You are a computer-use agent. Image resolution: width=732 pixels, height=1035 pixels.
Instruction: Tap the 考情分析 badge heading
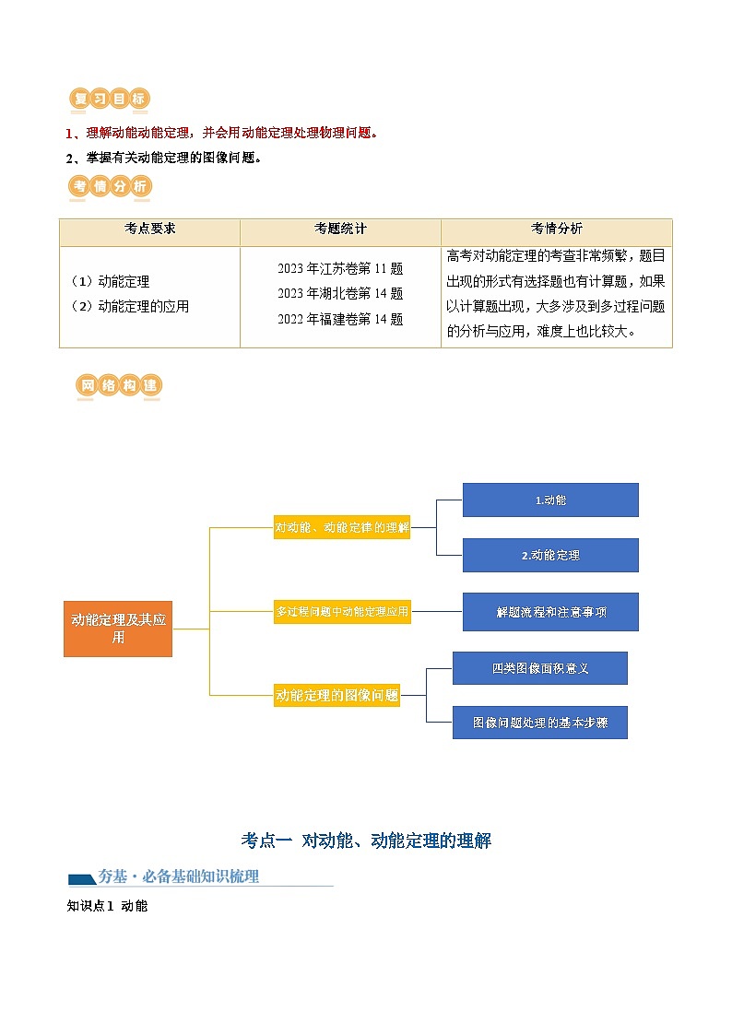tap(110, 187)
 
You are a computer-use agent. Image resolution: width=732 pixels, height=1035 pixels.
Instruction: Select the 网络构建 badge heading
tap(119, 386)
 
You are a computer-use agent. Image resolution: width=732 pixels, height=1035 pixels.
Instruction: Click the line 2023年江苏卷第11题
tap(340, 269)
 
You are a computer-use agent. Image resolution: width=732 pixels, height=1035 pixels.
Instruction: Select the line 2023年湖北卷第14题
tap(340, 294)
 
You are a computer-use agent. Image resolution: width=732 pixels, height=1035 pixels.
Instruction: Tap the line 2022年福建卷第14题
tap(340, 320)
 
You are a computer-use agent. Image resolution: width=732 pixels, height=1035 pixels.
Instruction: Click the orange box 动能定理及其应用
tap(118, 629)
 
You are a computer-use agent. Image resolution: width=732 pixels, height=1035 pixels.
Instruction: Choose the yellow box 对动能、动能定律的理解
tap(342, 528)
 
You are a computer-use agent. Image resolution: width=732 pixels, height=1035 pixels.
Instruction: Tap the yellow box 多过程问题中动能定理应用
tap(342, 610)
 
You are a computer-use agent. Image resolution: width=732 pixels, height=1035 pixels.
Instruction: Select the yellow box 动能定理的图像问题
tap(337, 696)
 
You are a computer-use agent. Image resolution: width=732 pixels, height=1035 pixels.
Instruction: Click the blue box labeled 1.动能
tap(550, 500)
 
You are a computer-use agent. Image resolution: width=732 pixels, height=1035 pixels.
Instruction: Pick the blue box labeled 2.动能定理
tap(550, 556)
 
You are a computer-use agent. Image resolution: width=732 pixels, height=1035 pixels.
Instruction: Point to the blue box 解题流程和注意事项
tap(550, 612)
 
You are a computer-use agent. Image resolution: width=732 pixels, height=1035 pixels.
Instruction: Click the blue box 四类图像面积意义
tap(540, 668)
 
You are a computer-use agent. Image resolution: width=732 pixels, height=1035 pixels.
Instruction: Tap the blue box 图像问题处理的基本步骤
tap(540, 723)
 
